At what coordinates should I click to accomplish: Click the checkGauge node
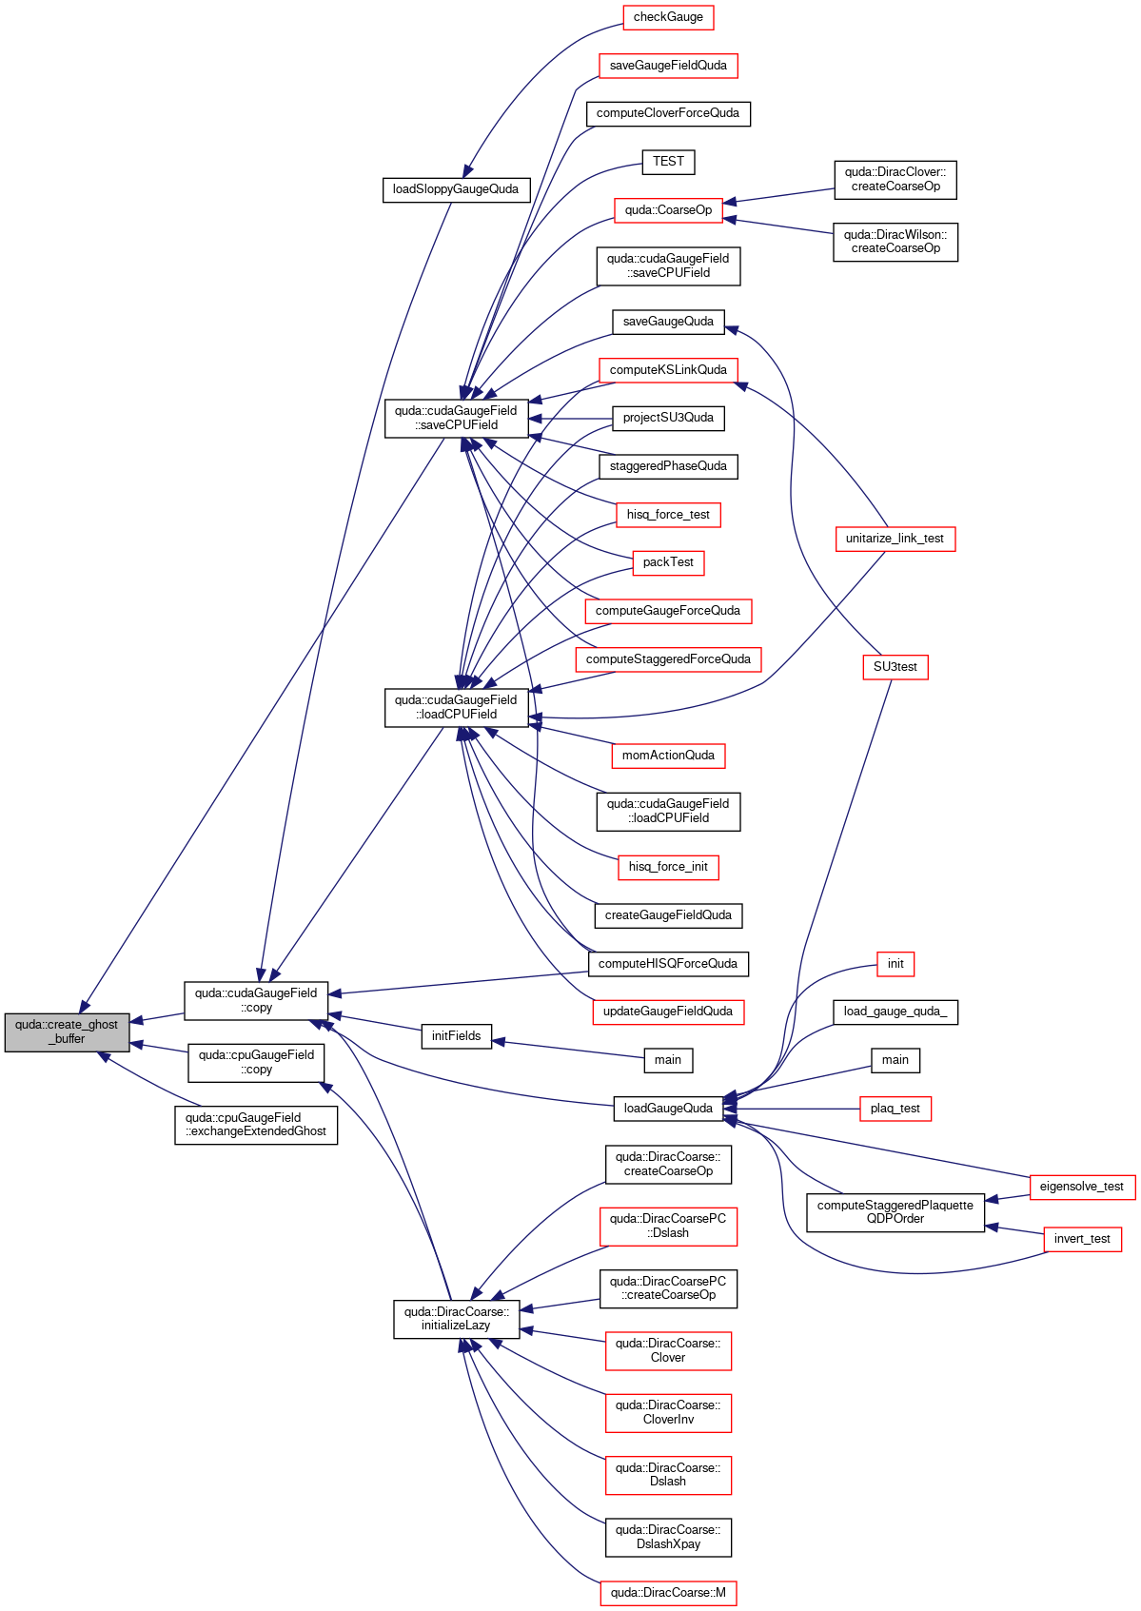(x=668, y=17)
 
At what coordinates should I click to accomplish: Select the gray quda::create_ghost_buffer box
(x=67, y=1032)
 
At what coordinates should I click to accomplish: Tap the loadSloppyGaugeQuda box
(x=456, y=190)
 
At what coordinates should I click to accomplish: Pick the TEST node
(x=668, y=162)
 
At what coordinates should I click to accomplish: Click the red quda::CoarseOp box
(x=668, y=210)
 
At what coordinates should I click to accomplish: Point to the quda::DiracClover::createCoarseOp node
(x=895, y=180)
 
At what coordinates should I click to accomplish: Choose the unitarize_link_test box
(x=895, y=539)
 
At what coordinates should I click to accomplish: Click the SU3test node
(x=895, y=667)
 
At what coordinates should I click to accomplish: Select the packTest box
(x=668, y=562)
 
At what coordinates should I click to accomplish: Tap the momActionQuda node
(x=668, y=756)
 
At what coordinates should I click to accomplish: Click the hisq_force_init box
(x=668, y=867)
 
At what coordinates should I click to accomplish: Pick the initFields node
(x=456, y=1036)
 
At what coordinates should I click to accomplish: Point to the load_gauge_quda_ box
(x=895, y=1012)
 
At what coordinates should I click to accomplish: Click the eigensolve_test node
(x=1082, y=1187)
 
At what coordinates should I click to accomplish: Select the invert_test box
(x=1082, y=1238)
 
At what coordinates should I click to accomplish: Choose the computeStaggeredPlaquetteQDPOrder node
(x=895, y=1212)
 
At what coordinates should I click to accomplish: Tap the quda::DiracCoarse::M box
(x=668, y=1593)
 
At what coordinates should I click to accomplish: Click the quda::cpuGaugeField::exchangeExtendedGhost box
(x=256, y=1125)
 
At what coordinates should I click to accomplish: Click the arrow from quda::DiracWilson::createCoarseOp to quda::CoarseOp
(x=777, y=226)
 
